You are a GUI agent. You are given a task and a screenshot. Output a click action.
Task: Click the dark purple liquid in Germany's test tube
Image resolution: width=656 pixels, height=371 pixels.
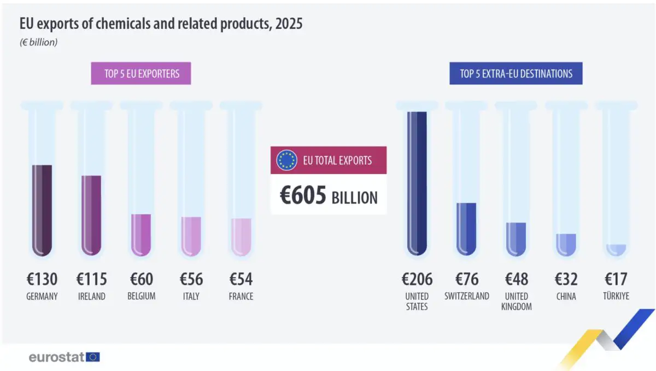click(42, 210)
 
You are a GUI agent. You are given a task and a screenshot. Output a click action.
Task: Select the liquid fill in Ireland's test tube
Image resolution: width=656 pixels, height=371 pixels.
click(91, 216)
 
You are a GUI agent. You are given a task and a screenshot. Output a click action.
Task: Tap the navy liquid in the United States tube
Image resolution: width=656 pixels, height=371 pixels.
click(417, 183)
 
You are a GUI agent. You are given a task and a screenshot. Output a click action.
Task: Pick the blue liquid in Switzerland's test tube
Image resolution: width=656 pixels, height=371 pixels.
click(466, 229)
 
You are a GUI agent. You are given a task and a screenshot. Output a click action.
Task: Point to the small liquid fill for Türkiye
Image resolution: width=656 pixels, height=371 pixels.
click(616, 250)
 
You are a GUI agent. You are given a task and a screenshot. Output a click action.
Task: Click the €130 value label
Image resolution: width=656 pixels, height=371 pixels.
click(42, 279)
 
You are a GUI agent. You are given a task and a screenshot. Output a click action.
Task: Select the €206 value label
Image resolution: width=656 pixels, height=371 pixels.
click(417, 279)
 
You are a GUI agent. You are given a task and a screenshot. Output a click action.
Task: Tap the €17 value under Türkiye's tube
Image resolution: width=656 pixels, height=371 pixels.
click(616, 279)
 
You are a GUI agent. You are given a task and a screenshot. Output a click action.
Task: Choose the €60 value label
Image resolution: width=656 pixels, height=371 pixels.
click(142, 279)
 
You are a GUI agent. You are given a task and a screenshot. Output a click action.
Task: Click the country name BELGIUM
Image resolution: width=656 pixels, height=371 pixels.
click(142, 296)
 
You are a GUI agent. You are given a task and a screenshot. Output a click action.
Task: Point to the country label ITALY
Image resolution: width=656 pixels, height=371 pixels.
click(191, 296)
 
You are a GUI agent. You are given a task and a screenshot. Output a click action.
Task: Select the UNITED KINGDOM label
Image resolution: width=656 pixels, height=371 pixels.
click(516, 302)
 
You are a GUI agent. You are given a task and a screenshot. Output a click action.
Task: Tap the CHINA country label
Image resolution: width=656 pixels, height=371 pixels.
click(566, 296)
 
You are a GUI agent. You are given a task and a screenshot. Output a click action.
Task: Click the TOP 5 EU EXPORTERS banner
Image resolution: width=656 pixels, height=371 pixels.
click(141, 73)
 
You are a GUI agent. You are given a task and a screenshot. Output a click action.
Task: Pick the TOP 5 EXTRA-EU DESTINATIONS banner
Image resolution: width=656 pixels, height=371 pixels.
click(516, 73)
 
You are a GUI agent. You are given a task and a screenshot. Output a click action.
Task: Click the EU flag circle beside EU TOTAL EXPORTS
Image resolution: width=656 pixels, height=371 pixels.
click(286, 160)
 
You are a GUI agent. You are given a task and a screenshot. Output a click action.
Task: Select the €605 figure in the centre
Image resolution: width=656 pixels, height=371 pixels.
click(303, 195)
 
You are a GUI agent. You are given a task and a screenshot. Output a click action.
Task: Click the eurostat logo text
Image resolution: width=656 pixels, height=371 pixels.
click(56, 357)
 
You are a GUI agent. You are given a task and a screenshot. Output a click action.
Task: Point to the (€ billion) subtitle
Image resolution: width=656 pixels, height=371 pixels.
click(38, 42)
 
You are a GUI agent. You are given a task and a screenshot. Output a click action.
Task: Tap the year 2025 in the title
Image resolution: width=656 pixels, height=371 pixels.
click(289, 24)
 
